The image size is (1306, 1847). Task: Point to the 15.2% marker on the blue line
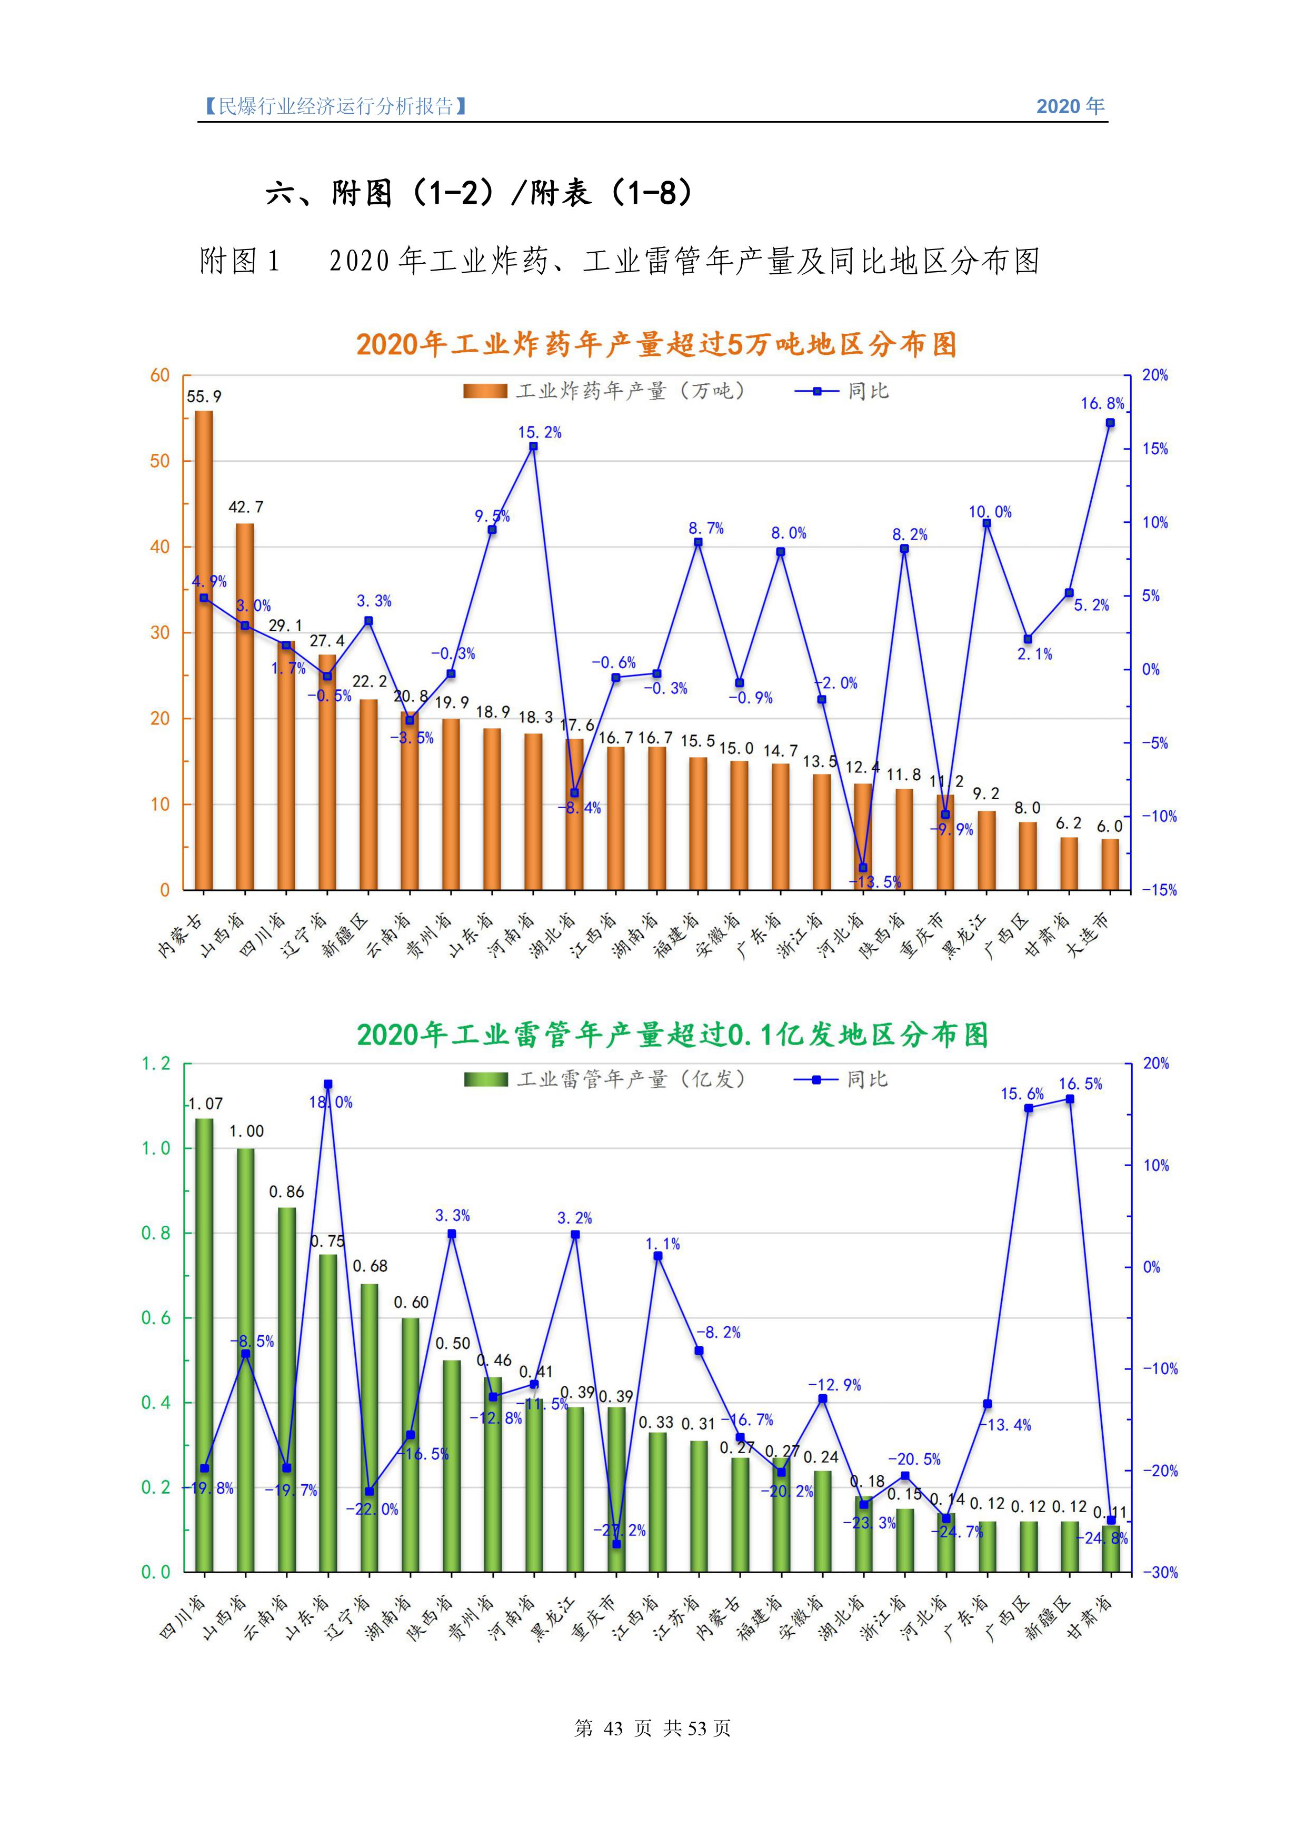coord(533,446)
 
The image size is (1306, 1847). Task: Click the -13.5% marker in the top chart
coord(863,867)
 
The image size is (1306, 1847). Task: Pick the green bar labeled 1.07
coord(204,1344)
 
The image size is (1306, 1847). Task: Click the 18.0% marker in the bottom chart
coord(328,1085)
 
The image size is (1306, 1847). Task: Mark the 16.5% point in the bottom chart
coord(1070,1099)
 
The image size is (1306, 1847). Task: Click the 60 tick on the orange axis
coord(160,376)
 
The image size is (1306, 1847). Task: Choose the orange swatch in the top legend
coord(485,391)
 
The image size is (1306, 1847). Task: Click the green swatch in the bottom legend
coord(485,1079)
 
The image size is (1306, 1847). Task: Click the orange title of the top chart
coord(656,344)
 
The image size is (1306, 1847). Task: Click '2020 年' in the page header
coord(1070,106)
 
